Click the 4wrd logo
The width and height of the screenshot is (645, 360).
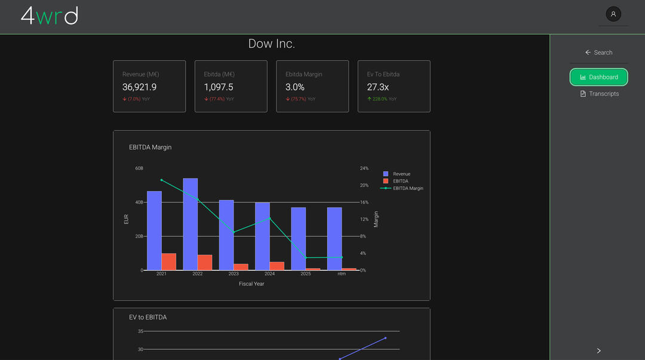pyautogui.click(x=49, y=16)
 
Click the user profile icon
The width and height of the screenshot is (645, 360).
pyautogui.click(x=613, y=14)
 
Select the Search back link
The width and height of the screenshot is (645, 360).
pyautogui.click(x=598, y=53)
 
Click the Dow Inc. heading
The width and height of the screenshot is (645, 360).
pyautogui.click(x=272, y=44)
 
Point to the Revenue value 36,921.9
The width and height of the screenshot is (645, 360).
pyautogui.click(x=140, y=87)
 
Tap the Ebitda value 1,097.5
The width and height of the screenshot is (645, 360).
pyautogui.click(x=219, y=87)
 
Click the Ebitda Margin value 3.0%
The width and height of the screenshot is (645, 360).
pyautogui.click(x=295, y=87)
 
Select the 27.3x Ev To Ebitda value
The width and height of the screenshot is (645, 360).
pyautogui.click(x=378, y=87)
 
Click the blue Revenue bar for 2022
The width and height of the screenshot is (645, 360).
pyautogui.click(x=191, y=224)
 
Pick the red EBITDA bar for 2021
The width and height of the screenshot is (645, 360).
pyautogui.click(x=169, y=262)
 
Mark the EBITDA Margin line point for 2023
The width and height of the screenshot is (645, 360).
pyautogui.click(x=234, y=232)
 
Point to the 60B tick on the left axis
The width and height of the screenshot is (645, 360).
pyautogui.click(x=139, y=168)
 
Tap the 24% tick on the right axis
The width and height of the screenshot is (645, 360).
pyautogui.click(x=364, y=168)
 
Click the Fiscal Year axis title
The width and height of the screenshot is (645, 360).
pyautogui.click(x=251, y=284)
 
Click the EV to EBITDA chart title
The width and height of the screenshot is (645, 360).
pyautogui.click(x=148, y=317)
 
